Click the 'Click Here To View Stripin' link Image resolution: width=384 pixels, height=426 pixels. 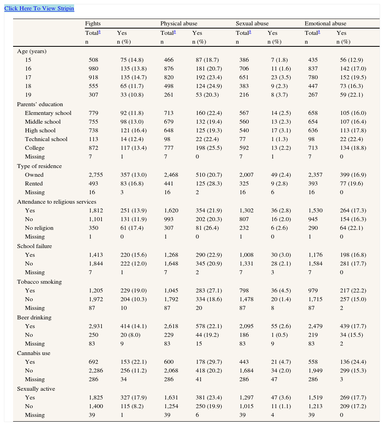point(39,8)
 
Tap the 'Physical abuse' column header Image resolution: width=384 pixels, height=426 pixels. point(178,24)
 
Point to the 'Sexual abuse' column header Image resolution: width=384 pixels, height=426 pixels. point(252,24)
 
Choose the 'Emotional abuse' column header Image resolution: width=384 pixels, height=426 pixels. point(325,24)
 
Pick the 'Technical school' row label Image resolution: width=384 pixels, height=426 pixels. point(46,139)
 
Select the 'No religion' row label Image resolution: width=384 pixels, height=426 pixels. point(39,228)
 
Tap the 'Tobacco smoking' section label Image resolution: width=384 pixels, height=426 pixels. point(39,282)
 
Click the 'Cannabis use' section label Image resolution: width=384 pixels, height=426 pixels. point(33,353)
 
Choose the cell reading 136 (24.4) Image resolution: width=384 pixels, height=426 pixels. point(353,362)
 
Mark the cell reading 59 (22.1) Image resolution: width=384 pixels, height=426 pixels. point(351,95)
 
